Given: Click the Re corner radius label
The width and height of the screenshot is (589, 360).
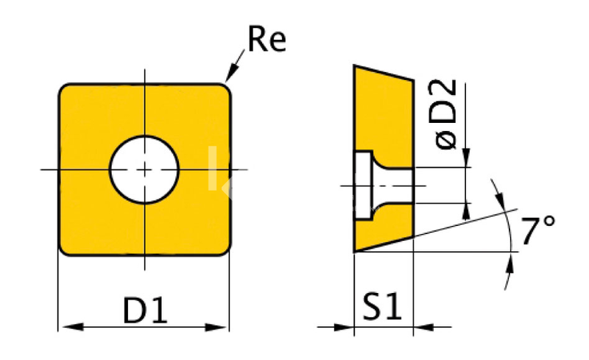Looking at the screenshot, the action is tap(267, 39).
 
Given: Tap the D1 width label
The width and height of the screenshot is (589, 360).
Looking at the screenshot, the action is tap(145, 311).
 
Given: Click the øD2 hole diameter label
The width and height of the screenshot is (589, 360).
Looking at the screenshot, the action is tap(442, 114).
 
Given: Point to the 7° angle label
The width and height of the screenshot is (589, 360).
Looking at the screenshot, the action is tap(537, 230).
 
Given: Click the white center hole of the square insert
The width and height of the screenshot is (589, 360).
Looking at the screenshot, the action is tap(144, 170).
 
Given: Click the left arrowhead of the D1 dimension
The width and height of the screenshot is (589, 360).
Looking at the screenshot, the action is tap(72, 327).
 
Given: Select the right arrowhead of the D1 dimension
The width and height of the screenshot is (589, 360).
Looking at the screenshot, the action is tap(216, 327).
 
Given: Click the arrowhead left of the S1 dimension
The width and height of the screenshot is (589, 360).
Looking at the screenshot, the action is tap(343, 328).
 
